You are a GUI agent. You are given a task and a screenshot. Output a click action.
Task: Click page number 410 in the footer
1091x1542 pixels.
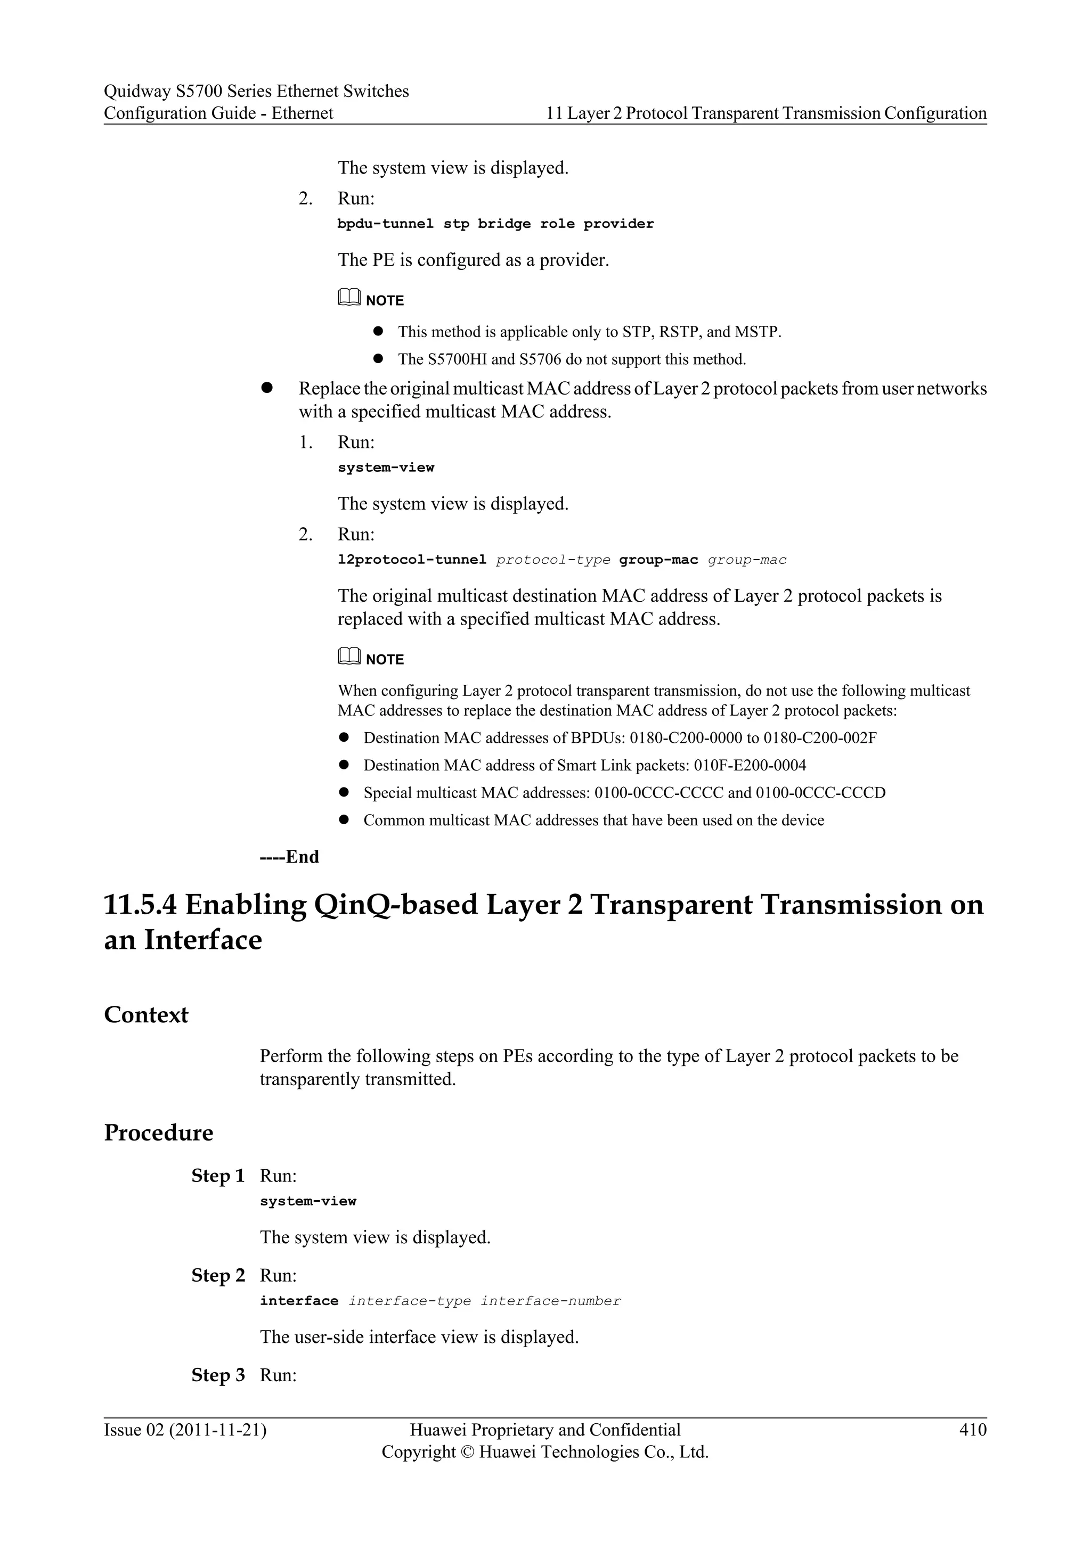point(973,1430)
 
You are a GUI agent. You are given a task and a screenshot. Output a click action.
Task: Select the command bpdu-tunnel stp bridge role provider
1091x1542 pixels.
point(495,224)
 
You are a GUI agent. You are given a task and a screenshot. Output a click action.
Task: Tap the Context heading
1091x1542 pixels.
point(146,1015)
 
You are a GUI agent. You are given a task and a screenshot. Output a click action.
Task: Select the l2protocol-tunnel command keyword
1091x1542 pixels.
point(411,560)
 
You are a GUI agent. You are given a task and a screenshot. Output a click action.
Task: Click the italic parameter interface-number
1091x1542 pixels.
point(550,1301)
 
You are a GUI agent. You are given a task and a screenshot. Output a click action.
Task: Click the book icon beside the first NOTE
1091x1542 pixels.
point(349,298)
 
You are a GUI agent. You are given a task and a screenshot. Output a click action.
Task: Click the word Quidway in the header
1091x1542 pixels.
point(136,92)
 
